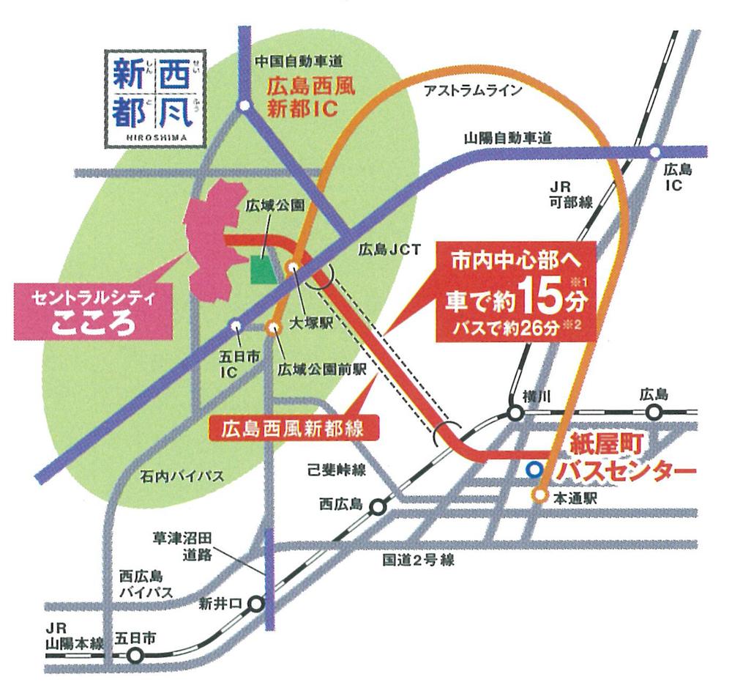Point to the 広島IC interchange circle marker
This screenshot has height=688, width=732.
tap(655, 152)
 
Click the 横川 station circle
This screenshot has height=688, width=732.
tap(516, 413)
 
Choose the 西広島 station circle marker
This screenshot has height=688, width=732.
tap(378, 506)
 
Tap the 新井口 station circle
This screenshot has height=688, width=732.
tap(256, 604)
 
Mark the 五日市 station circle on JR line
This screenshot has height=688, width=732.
tap(134, 656)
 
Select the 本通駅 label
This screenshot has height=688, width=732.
tap(576, 497)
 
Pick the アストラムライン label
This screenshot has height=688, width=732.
tap(476, 90)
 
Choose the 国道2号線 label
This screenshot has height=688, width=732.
tap(419, 561)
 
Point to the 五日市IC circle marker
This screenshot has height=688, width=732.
tap(236, 325)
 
